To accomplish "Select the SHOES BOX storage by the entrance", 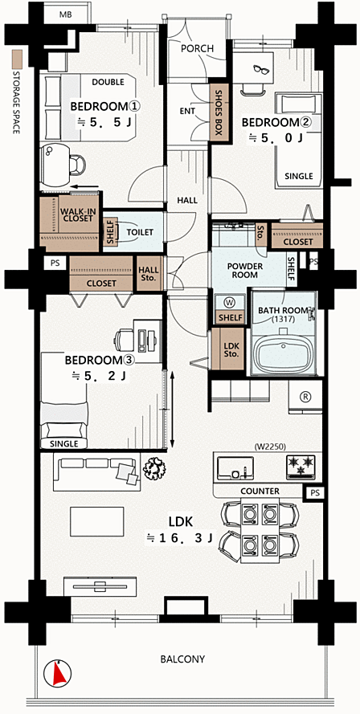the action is tap(218, 112).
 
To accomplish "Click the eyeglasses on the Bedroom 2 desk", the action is tap(261, 69).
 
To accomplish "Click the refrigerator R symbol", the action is tap(305, 397).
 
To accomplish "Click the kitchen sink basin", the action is tap(234, 467).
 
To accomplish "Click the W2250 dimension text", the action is tap(267, 447).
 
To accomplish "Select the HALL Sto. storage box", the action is tap(149, 273).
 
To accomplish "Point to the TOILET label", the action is tap(140, 232).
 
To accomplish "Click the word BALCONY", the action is tap(182, 659).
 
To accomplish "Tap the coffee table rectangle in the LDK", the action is tap(96, 522).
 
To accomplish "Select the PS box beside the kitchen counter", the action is tap(315, 492).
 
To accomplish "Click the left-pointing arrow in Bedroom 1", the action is tap(86, 186).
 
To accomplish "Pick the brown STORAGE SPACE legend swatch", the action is tap(17, 59).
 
